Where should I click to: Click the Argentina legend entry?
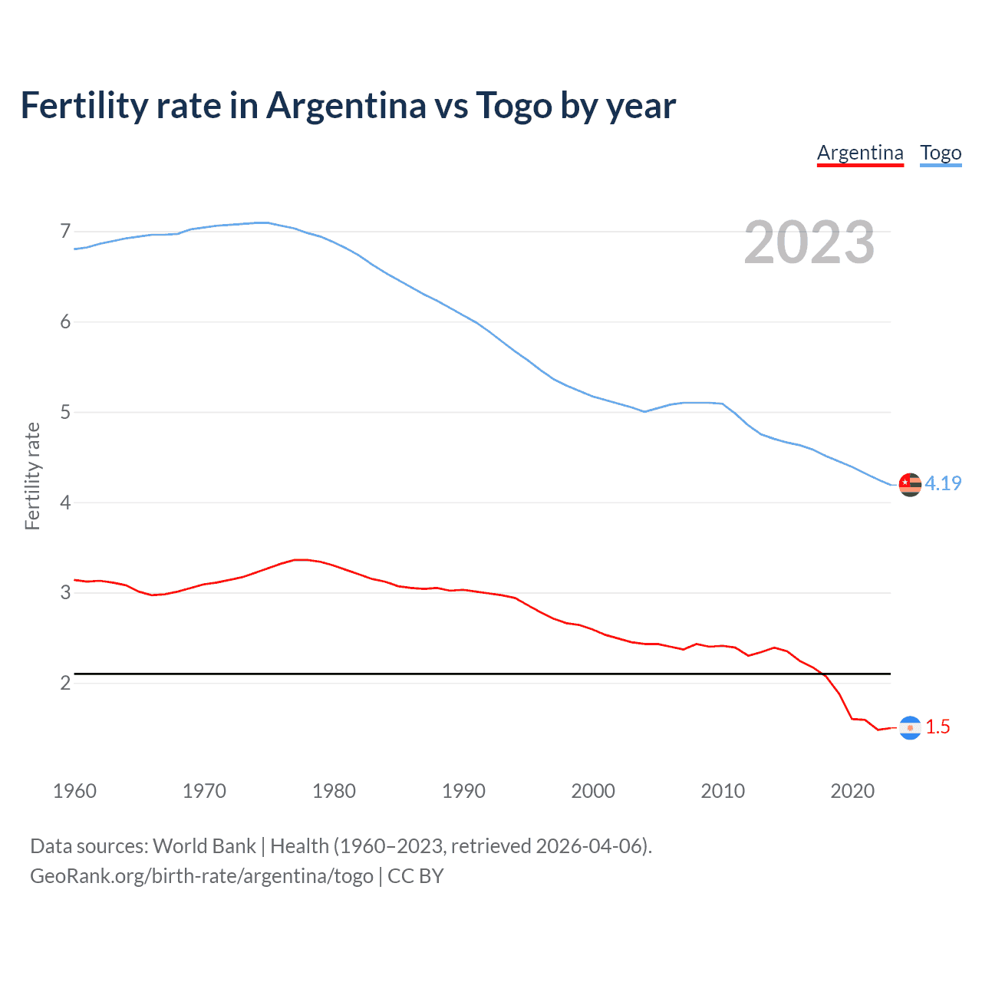click(860, 153)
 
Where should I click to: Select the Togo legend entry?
click(941, 153)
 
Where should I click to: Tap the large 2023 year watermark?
click(809, 242)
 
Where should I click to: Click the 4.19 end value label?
click(943, 483)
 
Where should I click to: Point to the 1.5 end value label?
click(938, 727)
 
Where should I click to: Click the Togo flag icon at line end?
click(910, 484)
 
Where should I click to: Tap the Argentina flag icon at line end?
click(910, 727)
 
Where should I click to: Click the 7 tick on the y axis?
click(65, 231)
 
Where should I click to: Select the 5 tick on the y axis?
click(65, 412)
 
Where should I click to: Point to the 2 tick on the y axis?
click(65, 683)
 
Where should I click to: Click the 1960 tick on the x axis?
click(74, 791)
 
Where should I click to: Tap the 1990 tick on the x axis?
click(463, 791)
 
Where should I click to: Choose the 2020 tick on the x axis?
click(852, 791)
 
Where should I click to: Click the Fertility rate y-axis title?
click(32, 476)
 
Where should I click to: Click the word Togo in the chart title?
click(513, 105)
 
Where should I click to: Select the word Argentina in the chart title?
click(346, 105)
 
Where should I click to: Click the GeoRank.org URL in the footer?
click(202, 876)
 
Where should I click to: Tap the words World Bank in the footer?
click(204, 846)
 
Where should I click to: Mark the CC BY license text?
click(416, 876)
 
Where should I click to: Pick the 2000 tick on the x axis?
click(593, 791)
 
